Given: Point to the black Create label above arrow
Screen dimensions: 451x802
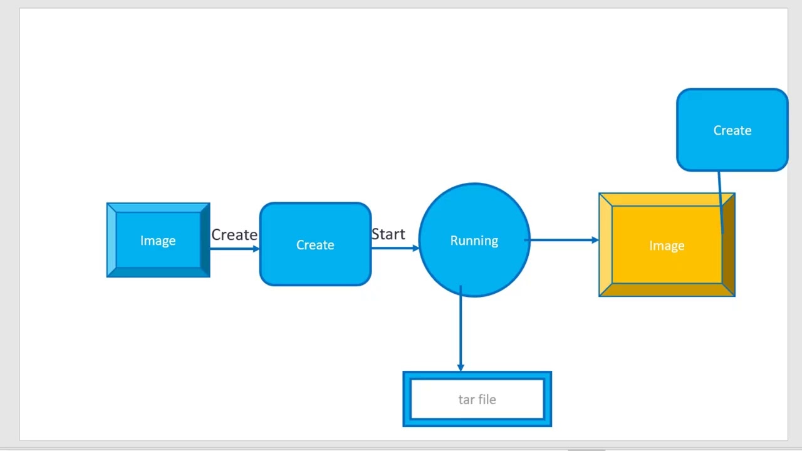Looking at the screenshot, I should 234,235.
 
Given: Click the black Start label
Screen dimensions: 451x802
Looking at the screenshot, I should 388,234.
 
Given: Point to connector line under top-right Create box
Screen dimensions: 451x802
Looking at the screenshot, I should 720,200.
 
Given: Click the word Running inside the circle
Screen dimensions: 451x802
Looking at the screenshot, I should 474,241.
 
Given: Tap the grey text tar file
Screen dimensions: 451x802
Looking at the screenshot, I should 477,400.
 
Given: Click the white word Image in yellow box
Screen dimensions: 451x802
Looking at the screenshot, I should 667,246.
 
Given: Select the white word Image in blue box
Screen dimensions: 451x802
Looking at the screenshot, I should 158,241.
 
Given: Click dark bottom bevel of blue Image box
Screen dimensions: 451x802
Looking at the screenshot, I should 158,272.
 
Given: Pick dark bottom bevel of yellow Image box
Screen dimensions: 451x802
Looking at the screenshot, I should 667,290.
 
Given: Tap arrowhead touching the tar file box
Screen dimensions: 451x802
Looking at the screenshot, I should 461,368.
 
